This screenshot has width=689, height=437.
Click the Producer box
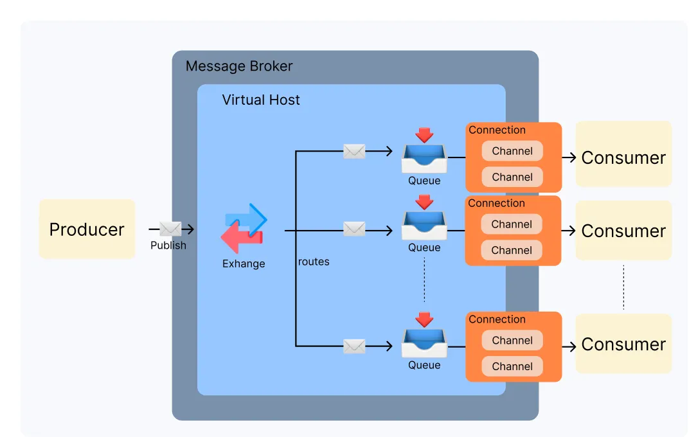(87, 229)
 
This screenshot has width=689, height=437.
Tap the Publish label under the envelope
(168, 245)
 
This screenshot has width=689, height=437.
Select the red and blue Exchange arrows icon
(244, 228)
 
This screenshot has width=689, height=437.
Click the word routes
(314, 262)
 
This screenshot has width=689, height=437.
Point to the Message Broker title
(239, 66)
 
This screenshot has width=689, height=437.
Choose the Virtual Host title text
(261, 100)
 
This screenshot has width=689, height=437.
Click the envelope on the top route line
(354, 152)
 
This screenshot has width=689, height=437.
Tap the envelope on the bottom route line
(354, 346)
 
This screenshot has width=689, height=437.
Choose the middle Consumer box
(623, 230)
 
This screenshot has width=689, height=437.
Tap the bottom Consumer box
(623, 344)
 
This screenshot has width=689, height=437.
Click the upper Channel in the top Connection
(512, 151)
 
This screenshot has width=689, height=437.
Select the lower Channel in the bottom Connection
(512, 366)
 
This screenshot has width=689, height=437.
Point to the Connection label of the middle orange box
(496, 203)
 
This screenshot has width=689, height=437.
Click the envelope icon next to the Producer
(170, 229)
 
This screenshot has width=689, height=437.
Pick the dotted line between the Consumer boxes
(623, 287)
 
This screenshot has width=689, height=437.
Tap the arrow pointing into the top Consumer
(569, 157)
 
